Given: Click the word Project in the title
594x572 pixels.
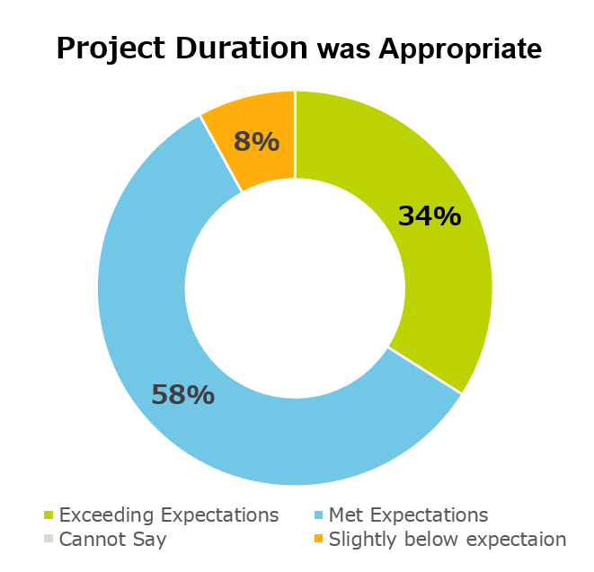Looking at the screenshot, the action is click(x=111, y=48).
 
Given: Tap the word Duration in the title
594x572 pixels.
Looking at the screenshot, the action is click(x=242, y=48).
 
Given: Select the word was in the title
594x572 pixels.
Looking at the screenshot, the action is click(x=343, y=50).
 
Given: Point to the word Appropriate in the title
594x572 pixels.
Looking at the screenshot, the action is click(x=460, y=49).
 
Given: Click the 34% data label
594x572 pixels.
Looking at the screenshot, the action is click(x=430, y=216).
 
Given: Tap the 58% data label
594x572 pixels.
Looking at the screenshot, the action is click(x=183, y=394).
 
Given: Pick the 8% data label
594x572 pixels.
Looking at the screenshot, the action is click(x=256, y=142).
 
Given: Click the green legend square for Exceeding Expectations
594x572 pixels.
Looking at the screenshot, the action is click(x=49, y=515).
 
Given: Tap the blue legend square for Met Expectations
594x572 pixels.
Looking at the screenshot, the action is click(x=319, y=515).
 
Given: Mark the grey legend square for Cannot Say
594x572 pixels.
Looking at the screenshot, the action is click(x=49, y=538).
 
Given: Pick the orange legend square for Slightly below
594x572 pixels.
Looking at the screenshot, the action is click(x=319, y=538).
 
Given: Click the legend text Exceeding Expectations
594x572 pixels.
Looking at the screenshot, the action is click(x=169, y=515).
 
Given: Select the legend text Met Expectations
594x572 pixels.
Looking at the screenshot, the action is click(x=408, y=515).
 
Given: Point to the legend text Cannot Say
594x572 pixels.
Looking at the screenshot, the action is click(x=113, y=540).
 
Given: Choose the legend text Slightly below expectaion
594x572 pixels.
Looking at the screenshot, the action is click(x=448, y=540).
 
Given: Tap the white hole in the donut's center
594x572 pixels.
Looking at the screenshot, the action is click(x=295, y=288).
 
